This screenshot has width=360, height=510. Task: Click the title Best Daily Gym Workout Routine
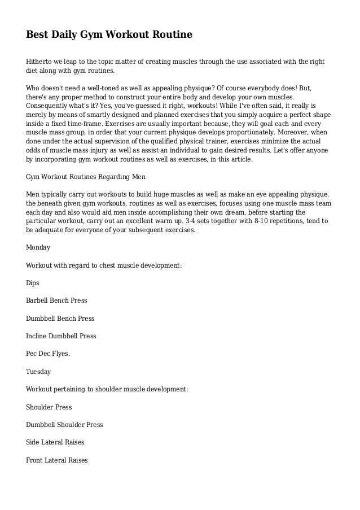(109, 35)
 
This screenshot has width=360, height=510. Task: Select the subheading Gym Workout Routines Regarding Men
(86, 176)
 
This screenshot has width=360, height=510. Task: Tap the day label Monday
(38, 247)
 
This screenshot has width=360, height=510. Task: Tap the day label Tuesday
(38, 372)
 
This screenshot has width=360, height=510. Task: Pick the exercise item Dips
(34, 283)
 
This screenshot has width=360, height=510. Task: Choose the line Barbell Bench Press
(56, 300)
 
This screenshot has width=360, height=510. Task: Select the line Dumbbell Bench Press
(60, 319)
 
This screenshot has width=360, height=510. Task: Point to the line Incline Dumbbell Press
(61, 336)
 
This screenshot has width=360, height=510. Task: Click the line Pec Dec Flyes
(49, 354)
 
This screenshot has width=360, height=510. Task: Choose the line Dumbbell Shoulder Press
(64, 425)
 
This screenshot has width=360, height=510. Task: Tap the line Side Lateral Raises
(55, 442)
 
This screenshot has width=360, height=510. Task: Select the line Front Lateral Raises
(57, 460)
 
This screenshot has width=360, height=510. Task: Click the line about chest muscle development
(104, 265)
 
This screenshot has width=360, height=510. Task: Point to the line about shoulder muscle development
(107, 389)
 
